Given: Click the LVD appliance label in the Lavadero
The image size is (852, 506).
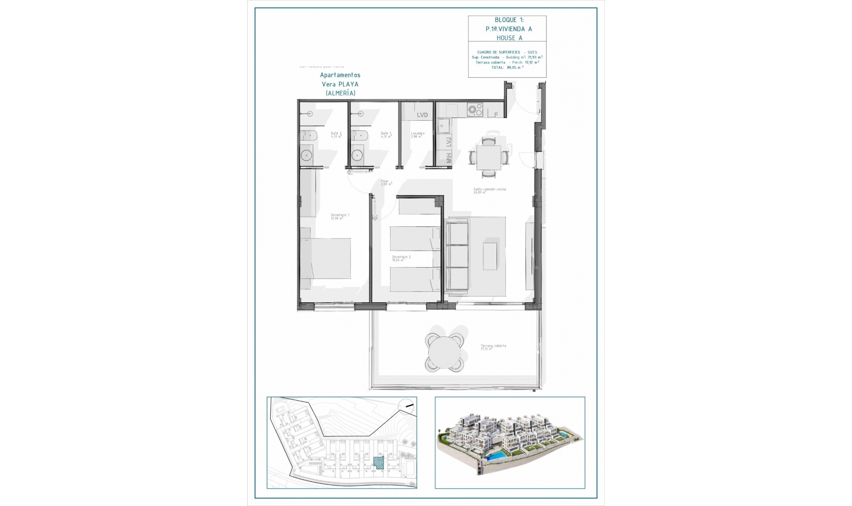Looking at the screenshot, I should coord(422,115).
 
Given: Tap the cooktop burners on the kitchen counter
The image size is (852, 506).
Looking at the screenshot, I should coord(475,110).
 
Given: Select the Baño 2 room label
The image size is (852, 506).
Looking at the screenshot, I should coord(336,134).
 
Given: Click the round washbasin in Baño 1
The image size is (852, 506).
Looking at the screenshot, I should coord(357,155).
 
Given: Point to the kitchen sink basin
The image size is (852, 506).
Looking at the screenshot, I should coord(443,126).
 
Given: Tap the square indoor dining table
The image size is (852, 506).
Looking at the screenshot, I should coord(489,158).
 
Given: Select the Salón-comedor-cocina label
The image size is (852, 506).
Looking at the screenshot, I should coord(489,190).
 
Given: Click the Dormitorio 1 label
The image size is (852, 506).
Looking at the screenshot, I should coord(339,216).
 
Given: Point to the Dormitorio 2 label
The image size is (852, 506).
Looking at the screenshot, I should coord(401,258).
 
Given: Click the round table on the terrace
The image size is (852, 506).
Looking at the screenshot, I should coord(444,353).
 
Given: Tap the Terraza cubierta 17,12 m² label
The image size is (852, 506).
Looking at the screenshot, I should coord(493,347).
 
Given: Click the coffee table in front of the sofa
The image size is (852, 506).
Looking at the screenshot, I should coord(490,256).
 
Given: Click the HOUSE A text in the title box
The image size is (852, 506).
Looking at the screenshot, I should coord(509,38).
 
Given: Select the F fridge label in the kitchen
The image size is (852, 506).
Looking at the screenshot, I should coord(496,115).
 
